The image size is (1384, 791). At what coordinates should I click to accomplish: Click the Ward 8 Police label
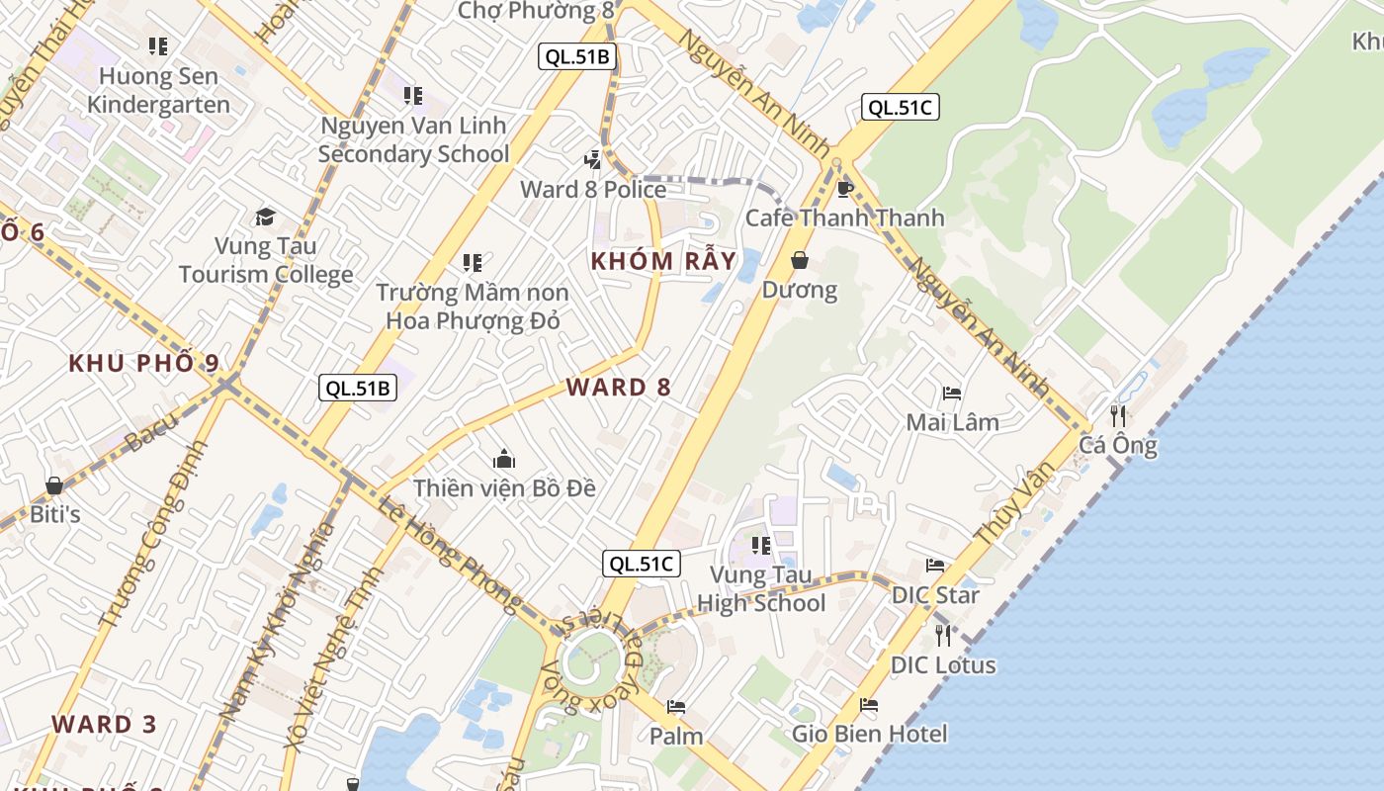click(593, 189)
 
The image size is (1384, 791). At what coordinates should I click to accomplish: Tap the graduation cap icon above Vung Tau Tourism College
click(265, 217)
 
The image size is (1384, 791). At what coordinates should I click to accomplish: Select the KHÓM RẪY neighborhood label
click(663, 261)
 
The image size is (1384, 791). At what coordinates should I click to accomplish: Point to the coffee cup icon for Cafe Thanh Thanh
click(844, 189)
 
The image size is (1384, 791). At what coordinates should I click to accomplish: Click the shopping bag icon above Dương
click(799, 260)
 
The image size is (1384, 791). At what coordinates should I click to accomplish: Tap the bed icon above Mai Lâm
click(952, 393)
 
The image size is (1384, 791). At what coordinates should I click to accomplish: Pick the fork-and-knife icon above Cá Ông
click(1118, 415)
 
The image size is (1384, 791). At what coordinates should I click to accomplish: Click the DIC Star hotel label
click(935, 595)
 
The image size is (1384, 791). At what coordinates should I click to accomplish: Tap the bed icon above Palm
click(676, 707)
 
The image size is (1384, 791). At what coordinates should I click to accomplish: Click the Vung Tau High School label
click(761, 589)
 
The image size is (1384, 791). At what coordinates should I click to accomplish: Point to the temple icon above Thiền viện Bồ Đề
click(504, 459)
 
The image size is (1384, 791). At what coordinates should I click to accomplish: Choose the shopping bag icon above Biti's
click(54, 485)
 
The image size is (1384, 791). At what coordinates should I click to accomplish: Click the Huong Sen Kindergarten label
click(158, 90)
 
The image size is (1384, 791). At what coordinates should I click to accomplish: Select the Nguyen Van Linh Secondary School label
click(413, 139)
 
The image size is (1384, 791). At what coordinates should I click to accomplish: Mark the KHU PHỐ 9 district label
click(144, 363)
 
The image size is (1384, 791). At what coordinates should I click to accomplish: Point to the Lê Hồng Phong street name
click(450, 554)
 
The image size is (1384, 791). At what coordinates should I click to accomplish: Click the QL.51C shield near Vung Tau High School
click(642, 564)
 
